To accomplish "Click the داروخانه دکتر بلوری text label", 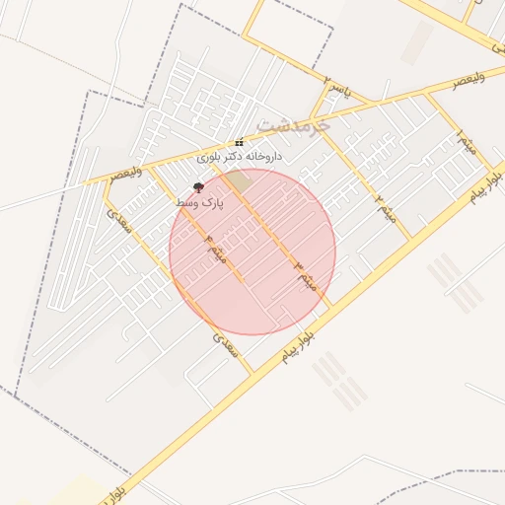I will [x=239, y=157].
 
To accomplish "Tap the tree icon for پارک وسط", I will [x=198, y=186].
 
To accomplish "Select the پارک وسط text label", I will [x=199, y=201].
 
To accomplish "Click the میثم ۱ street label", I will [x=468, y=143].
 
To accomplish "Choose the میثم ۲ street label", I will [x=386, y=208].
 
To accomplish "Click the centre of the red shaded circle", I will [x=252, y=252].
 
